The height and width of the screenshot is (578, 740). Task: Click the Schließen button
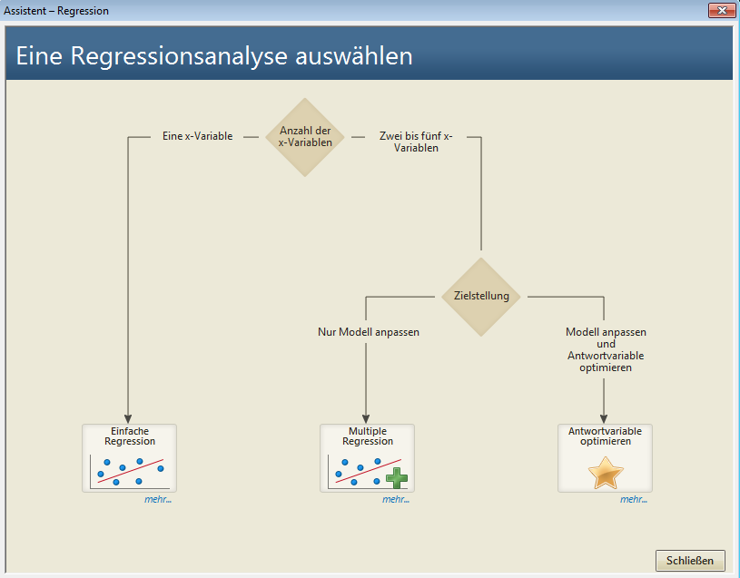coord(690,560)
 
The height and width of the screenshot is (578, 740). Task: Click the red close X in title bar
coord(722,10)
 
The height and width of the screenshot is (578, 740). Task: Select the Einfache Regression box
coord(129,458)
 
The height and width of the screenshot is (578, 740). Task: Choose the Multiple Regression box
coord(367,458)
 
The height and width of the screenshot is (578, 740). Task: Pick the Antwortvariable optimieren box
coord(605,458)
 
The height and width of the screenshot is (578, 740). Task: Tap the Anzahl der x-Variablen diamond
coord(305,137)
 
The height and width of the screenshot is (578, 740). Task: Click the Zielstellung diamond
coord(481,297)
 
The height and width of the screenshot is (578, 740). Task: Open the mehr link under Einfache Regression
coord(158,499)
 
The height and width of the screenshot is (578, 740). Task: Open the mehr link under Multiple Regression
coord(396,499)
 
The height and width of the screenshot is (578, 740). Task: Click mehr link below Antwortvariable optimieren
coord(634,499)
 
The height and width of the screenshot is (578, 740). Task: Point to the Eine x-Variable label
coord(197,136)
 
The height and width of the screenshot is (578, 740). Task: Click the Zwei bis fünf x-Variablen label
coord(416,142)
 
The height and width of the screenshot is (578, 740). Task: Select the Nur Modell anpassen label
coord(369,332)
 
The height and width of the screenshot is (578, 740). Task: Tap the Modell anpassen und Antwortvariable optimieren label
coord(606,349)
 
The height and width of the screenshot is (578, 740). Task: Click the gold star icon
coord(606,473)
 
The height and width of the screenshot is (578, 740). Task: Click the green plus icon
coord(397,477)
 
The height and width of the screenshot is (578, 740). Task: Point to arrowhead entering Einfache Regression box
coord(128,419)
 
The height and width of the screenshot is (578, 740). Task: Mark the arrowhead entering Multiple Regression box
coord(366,419)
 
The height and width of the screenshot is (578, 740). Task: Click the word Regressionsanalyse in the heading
coord(179,56)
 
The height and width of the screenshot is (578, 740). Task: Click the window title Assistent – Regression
coord(56,10)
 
